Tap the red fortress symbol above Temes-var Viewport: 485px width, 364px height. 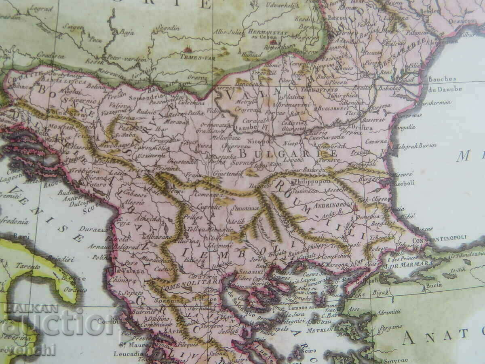(187, 50)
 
